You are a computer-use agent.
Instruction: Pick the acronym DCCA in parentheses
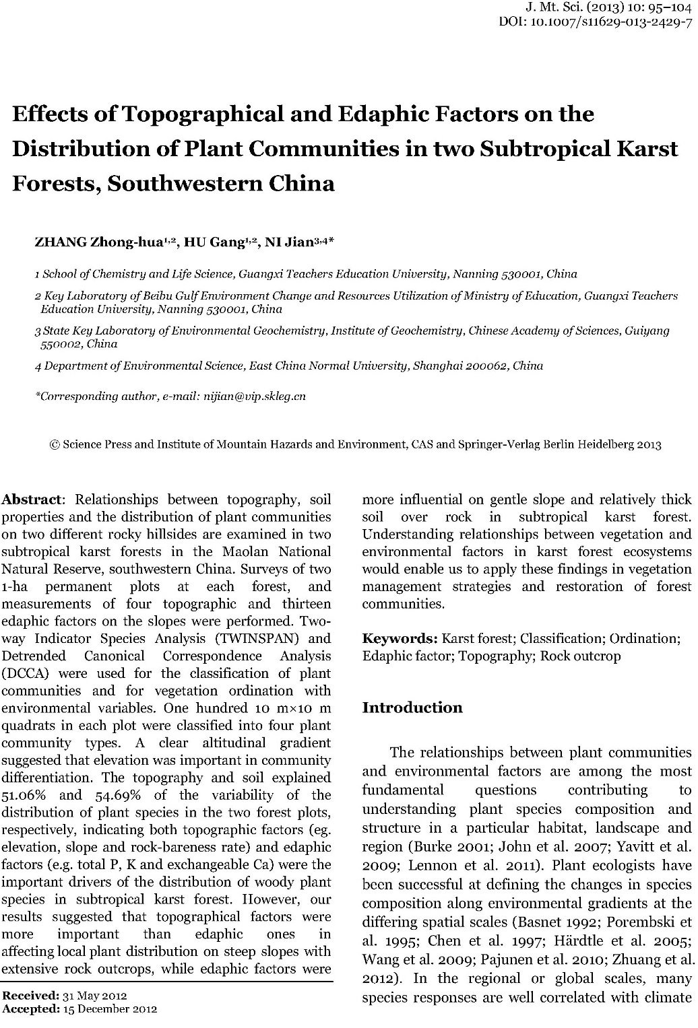[x=20, y=673]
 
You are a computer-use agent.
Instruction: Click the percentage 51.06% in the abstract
[x=22, y=795]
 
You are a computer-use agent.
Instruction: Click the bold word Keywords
[x=400, y=638]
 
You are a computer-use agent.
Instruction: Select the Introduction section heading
[x=412, y=708]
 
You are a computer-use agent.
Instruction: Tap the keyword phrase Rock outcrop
[x=580, y=656]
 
